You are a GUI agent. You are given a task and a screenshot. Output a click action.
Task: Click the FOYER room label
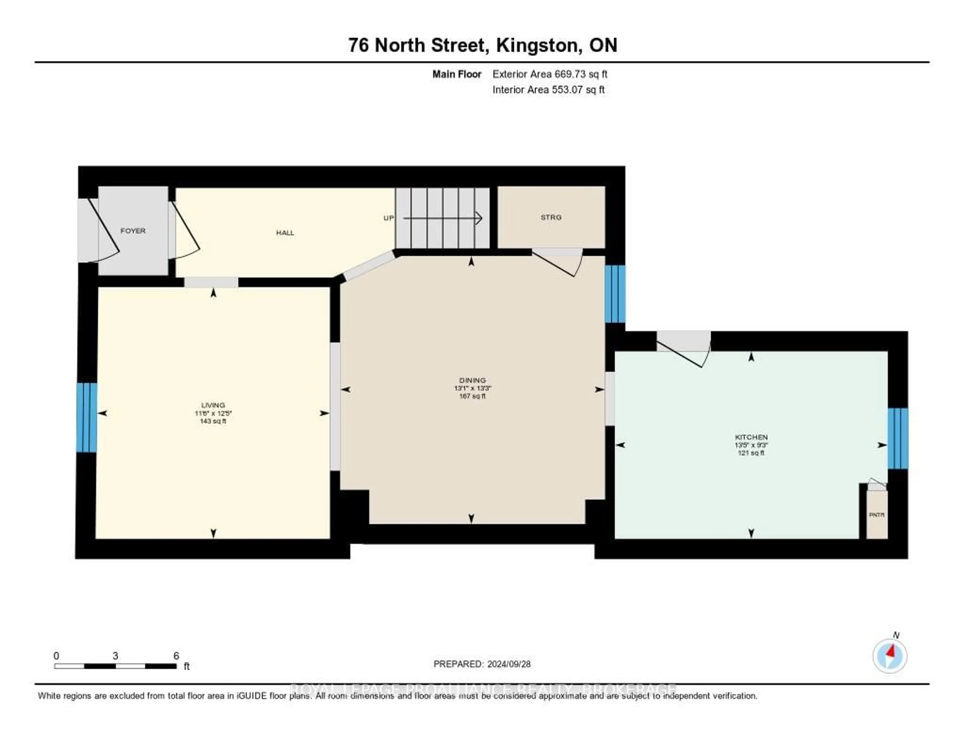[x=133, y=231]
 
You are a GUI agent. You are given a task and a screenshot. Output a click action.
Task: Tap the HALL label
[x=285, y=233]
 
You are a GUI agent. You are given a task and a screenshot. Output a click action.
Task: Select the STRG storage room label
[x=551, y=217]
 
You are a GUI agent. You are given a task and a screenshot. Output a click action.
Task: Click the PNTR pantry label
[x=877, y=515]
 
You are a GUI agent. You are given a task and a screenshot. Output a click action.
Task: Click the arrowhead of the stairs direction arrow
[x=479, y=218]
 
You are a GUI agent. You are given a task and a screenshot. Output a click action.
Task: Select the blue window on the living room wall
[x=87, y=417]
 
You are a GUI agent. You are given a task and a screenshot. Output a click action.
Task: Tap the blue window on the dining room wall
[x=615, y=294]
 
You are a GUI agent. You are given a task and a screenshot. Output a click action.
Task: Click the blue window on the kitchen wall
[x=898, y=438]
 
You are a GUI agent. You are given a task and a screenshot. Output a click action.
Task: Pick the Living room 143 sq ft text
[x=213, y=421]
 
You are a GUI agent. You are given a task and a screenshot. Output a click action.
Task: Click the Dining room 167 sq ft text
[x=472, y=396]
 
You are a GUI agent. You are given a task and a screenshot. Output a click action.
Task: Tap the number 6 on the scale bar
[x=176, y=656]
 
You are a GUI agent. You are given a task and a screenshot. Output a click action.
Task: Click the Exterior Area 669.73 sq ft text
[x=550, y=74]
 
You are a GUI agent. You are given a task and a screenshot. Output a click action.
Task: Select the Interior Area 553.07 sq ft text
[x=549, y=90]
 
